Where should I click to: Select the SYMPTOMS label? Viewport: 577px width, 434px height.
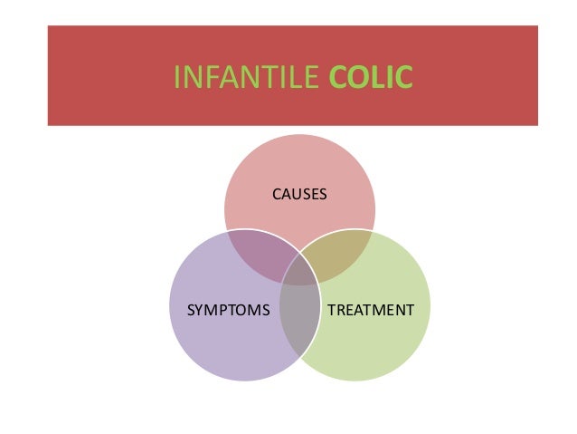[228, 311]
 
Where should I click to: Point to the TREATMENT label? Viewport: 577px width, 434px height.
[370, 311]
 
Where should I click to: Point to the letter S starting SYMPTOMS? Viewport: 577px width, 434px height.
[190, 311]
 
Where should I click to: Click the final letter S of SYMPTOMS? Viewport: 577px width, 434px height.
[266, 311]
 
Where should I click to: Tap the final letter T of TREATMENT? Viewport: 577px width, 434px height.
[411, 311]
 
